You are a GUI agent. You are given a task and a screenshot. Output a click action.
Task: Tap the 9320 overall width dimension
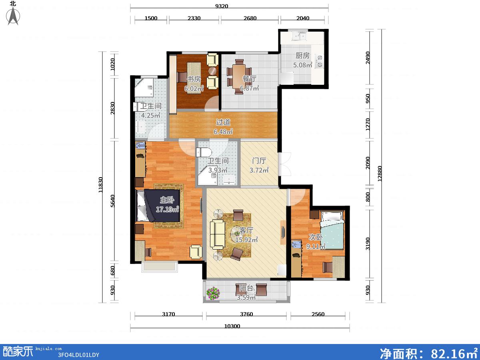point(222,6)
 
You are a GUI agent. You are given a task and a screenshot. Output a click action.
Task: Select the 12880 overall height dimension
point(380,174)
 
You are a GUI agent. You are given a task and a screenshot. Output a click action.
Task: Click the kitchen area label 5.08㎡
point(303,65)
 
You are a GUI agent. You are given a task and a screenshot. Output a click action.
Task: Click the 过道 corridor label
point(223,122)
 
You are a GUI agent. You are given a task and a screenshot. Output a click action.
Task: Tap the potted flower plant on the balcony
point(213,293)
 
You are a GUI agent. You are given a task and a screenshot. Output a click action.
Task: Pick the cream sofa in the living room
point(217,234)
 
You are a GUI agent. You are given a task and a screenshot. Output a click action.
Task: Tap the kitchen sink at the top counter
point(299,36)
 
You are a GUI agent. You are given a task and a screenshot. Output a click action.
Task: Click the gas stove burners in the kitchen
point(319,61)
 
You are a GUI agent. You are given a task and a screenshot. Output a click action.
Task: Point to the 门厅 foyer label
point(259,161)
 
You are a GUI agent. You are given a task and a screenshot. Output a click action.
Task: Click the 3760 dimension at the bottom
point(246,314)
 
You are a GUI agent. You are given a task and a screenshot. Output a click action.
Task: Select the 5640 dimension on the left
point(112,201)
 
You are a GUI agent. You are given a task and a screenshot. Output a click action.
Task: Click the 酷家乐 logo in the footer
point(18,352)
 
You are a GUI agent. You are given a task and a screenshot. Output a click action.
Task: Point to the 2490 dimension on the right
point(368,58)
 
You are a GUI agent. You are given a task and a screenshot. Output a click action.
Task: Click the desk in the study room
point(194,78)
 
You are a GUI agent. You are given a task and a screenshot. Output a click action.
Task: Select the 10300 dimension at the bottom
point(232,326)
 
